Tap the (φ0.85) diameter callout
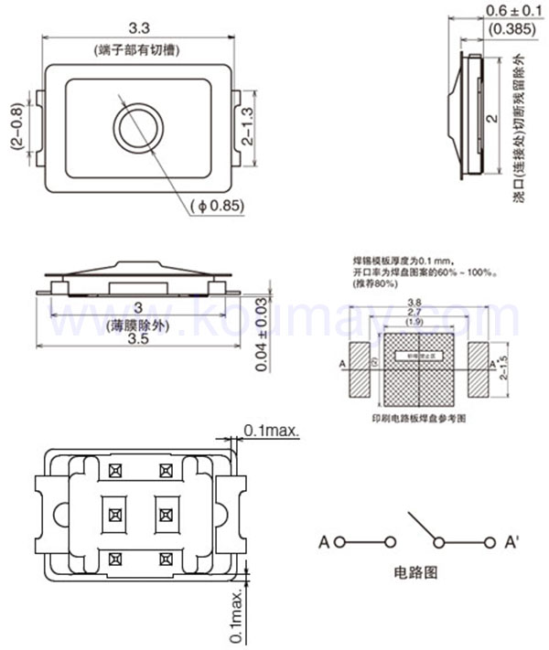[218, 206]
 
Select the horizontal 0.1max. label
[271, 430]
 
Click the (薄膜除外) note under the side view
[138, 325]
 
